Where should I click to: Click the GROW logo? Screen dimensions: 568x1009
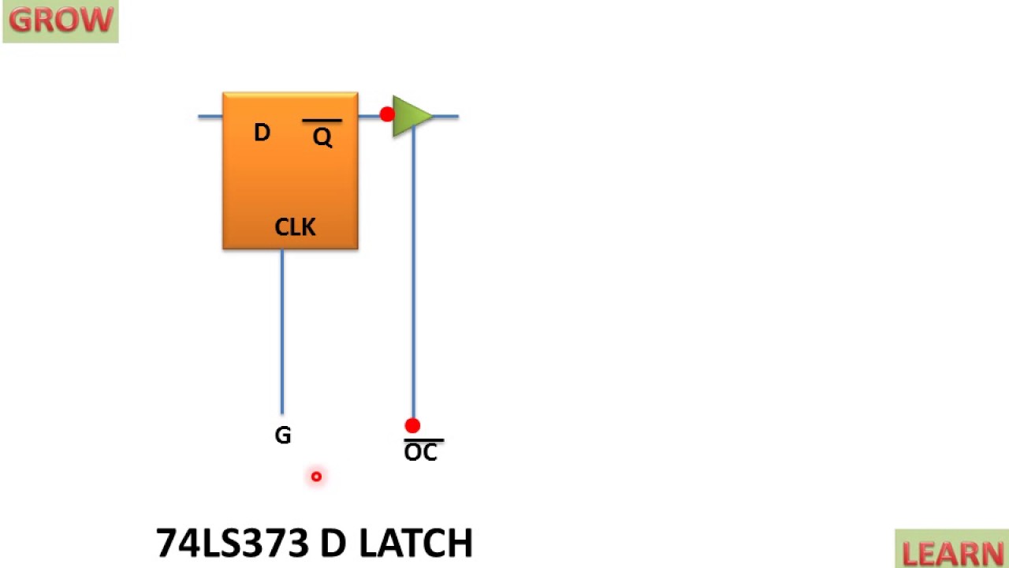tap(61, 21)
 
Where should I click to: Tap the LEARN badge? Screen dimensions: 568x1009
tap(952, 552)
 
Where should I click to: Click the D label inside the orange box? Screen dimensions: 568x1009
tap(262, 133)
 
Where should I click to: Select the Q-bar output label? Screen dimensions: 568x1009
tap(322, 137)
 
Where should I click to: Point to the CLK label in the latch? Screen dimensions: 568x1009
tap(295, 227)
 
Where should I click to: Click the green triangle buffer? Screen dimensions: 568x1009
tap(409, 117)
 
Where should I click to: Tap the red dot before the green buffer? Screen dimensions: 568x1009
tap(387, 115)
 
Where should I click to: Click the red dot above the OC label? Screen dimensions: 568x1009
tap(412, 426)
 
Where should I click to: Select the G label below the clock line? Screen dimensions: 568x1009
tap(283, 435)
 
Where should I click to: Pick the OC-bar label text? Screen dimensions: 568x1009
tap(421, 453)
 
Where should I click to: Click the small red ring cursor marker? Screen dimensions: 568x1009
tap(316, 476)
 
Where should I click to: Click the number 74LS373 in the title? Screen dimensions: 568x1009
tap(233, 544)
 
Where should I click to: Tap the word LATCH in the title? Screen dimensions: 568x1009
tap(415, 544)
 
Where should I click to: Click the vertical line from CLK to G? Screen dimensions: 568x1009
tap(282, 331)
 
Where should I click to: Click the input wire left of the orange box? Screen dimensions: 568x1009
tap(210, 117)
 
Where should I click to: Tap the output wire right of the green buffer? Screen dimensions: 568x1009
tap(446, 117)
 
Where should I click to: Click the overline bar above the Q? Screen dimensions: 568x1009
tap(322, 121)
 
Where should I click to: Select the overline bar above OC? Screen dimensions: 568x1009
tap(423, 440)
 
